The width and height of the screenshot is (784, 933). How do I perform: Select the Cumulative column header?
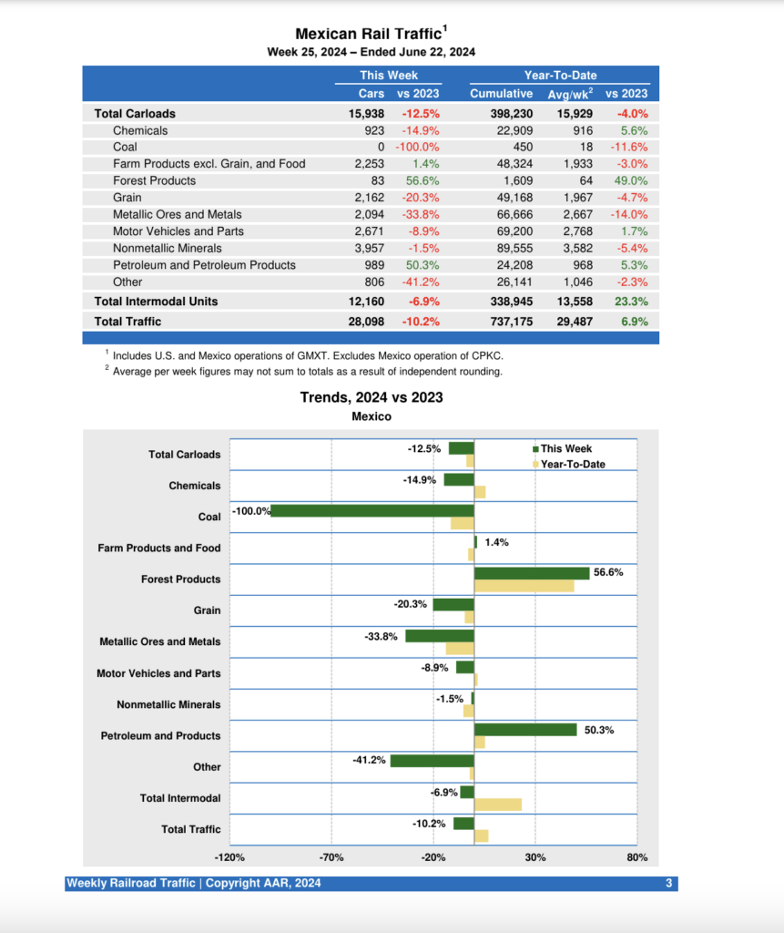pyautogui.click(x=501, y=93)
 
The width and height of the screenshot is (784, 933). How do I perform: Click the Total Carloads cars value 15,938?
pyautogui.click(x=368, y=114)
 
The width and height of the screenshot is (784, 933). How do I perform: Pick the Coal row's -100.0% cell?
pyautogui.click(x=417, y=147)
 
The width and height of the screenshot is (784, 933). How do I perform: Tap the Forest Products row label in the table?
pyautogui.click(x=154, y=180)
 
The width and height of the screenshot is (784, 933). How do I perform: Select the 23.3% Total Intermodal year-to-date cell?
pyautogui.click(x=631, y=301)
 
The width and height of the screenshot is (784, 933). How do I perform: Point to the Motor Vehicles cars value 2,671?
pyautogui.click(x=371, y=231)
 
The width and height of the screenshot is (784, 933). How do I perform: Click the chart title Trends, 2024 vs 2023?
pyautogui.click(x=372, y=397)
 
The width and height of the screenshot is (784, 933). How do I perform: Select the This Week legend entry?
pyautogui.click(x=565, y=448)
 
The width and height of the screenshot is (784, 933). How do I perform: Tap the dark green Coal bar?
pyautogui.click(x=372, y=510)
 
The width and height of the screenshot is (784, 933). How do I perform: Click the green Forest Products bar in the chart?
pyautogui.click(x=532, y=573)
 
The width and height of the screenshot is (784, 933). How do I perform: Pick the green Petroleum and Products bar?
pyautogui.click(x=525, y=729)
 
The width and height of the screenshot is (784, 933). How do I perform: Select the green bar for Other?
pyautogui.click(x=433, y=761)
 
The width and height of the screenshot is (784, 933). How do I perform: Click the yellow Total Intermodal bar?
pyautogui.click(x=498, y=805)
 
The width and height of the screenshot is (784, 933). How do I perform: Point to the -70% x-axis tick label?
pyautogui.click(x=331, y=857)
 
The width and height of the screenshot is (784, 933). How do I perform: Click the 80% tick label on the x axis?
pyautogui.click(x=636, y=857)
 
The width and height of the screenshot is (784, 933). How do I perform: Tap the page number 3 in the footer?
pyautogui.click(x=668, y=884)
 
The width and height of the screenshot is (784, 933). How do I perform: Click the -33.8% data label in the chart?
pyautogui.click(x=382, y=637)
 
